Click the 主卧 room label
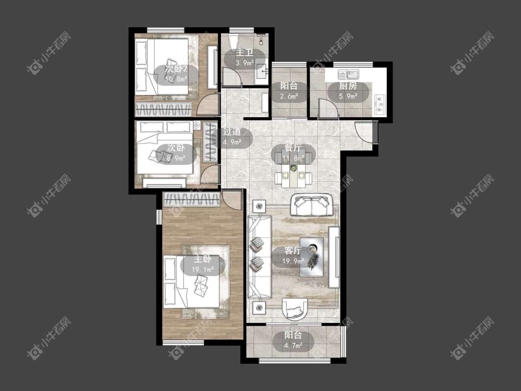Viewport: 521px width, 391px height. (202, 260)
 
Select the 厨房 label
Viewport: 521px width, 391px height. (348, 86)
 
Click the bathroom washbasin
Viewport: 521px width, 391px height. (262, 71)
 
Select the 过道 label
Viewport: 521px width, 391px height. (232, 132)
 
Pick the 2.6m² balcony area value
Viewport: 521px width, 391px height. (289, 96)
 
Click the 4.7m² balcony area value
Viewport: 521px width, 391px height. (293, 346)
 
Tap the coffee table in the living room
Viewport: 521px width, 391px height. (312, 257)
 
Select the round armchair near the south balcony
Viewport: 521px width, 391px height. (295, 309)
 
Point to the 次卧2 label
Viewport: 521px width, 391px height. (176, 69)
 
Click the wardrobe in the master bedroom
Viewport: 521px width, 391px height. (191, 200)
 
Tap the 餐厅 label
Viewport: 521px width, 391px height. (293, 148)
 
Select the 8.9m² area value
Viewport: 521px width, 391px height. (176, 158)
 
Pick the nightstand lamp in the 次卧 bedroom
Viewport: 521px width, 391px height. (197, 126)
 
